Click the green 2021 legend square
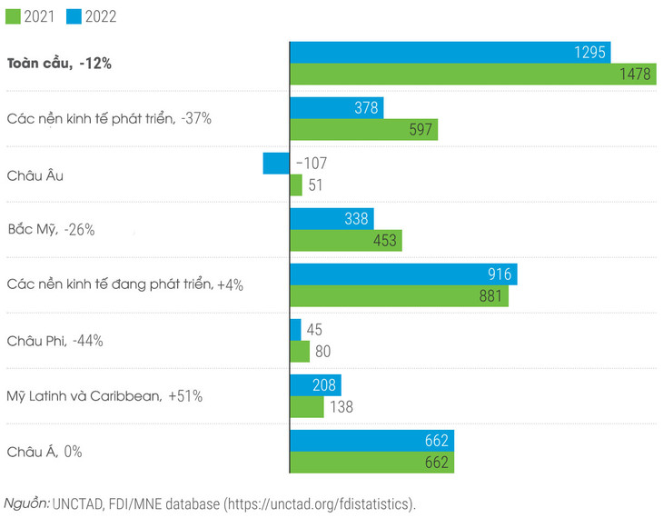click(x=13, y=16)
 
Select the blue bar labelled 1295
click(x=450, y=53)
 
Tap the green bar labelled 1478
click(x=472, y=75)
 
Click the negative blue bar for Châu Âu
click(x=276, y=164)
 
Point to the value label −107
click(x=310, y=164)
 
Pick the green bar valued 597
click(x=363, y=130)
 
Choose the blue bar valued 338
click(x=331, y=219)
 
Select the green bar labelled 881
click(x=399, y=296)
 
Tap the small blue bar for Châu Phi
click(x=296, y=330)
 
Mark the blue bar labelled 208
click(x=306, y=385)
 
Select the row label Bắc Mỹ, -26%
click(x=51, y=230)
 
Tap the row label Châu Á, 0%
click(x=45, y=452)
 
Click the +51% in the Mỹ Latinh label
click(x=184, y=396)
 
